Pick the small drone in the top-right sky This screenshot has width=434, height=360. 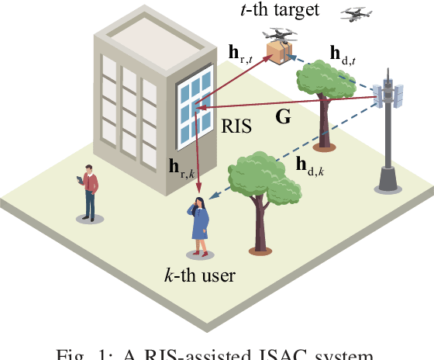(x=356, y=12)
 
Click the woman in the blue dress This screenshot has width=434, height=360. (x=199, y=224)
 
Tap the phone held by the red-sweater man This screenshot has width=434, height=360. (x=81, y=180)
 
